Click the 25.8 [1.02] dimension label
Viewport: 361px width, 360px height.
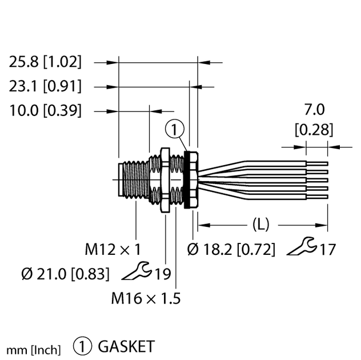pos(46,61)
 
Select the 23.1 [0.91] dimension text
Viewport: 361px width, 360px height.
pos(46,86)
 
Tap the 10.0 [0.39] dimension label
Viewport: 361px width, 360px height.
pos(46,110)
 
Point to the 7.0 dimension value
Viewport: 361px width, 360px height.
pos(314,109)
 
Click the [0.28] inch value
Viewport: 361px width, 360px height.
pos(314,130)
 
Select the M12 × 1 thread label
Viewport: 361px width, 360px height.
pos(113,250)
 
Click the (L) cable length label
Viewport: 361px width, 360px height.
pos(260,225)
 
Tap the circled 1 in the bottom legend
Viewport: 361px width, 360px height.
pos(83,346)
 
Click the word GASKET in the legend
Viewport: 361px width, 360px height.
pos(126,346)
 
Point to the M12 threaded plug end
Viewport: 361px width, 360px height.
pos(131,180)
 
